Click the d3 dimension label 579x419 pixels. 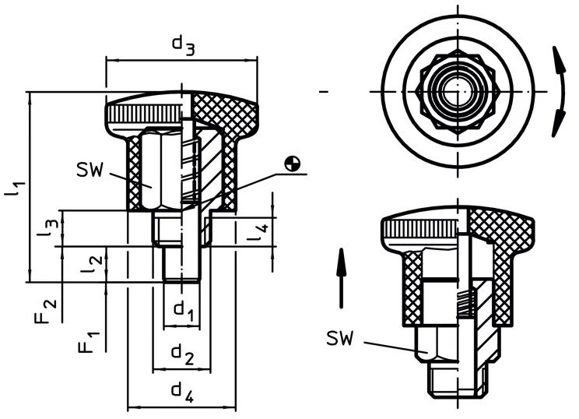[x=183, y=45]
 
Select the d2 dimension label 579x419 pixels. [x=182, y=354]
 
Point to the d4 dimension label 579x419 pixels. [x=182, y=393]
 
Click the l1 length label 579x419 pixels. [x=15, y=187]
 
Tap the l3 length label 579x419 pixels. [x=47, y=227]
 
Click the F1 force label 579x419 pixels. [x=89, y=342]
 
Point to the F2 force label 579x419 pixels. [x=46, y=311]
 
